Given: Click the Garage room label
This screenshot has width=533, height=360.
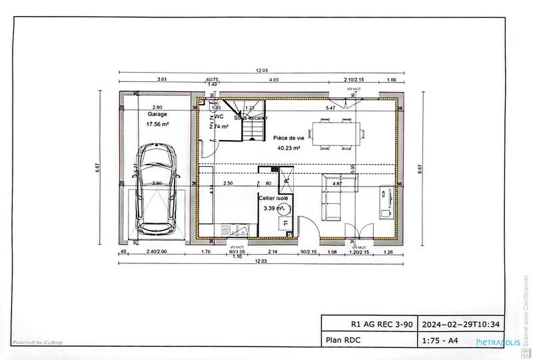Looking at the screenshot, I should point(157,115).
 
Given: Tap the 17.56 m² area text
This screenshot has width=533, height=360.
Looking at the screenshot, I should point(158,124).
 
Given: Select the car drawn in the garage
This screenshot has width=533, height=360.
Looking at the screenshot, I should point(157,191).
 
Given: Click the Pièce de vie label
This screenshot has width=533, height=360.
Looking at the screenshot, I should point(287,138).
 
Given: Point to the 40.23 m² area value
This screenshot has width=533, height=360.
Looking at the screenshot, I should point(287,149).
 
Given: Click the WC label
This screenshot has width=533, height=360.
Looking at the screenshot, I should point(219,116).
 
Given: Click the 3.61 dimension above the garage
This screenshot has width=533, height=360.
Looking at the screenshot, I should point(161,80).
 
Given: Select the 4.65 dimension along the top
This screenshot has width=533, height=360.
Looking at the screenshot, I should point(274,80).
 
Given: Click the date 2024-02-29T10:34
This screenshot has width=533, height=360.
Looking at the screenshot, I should point(461,325).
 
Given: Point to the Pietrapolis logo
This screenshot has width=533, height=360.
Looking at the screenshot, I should point(498,342).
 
